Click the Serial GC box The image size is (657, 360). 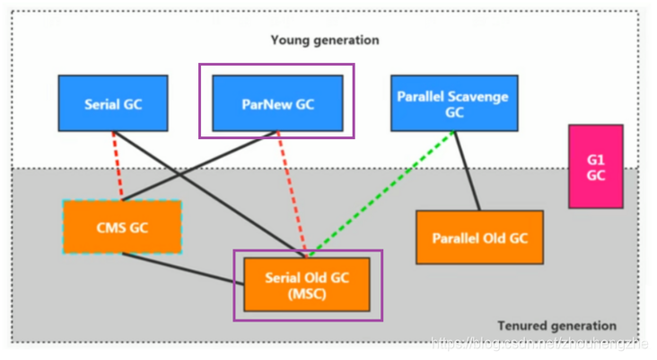click(x=113, y=103)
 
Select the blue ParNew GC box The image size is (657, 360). click(x=276, y=103)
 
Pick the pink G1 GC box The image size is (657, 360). click(x=597, y=166)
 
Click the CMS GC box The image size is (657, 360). click(x=122, y=227)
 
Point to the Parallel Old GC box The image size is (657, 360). click(x=479, y=238)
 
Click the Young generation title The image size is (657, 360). click(x=325, y=40)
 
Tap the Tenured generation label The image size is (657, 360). click(x=556, y=326)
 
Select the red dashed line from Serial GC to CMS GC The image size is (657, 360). click(x=118, y=166)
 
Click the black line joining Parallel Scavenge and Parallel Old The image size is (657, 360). click(x=465, y=171)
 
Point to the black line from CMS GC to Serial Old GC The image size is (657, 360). click(x=180, y=268)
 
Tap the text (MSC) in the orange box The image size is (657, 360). click(x=306, y=294)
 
